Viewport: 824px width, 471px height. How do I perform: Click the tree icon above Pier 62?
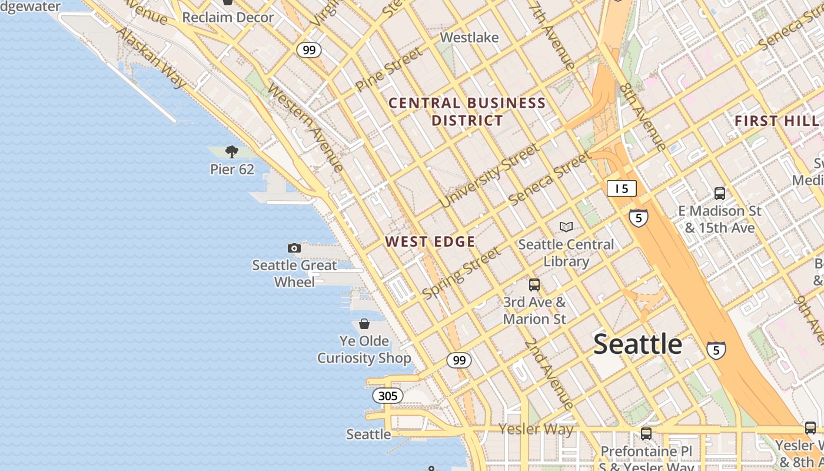pos(232,152)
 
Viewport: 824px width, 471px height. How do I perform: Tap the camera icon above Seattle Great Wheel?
pos(294,248)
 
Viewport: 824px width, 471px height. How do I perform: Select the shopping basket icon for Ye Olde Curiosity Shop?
pos(364,324)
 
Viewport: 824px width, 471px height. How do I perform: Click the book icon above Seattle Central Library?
pos(566,227)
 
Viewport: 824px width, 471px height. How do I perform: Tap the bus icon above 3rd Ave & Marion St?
pos(534,285)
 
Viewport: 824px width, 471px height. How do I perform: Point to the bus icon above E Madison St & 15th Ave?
pos(719,193)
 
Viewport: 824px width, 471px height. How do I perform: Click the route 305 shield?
pos(388,396)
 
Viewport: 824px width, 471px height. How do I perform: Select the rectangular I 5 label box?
pos(622,188)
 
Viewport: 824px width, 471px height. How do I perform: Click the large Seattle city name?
pos(637,344)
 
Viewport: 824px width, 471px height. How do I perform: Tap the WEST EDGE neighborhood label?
pos(430,241)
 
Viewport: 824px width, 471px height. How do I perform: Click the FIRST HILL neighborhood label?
pos(776,121)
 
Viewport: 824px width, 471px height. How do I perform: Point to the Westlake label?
pos(469,38)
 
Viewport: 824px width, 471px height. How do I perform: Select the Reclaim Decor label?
pos(228,18)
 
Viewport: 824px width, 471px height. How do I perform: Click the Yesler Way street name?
pos(536,429)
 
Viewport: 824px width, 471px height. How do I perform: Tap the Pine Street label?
pos(388,69)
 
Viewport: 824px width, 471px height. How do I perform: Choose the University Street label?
pos(489,175)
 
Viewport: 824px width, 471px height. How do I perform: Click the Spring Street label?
pos(461,272)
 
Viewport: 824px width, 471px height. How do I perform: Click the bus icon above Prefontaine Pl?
pos(646,434)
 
